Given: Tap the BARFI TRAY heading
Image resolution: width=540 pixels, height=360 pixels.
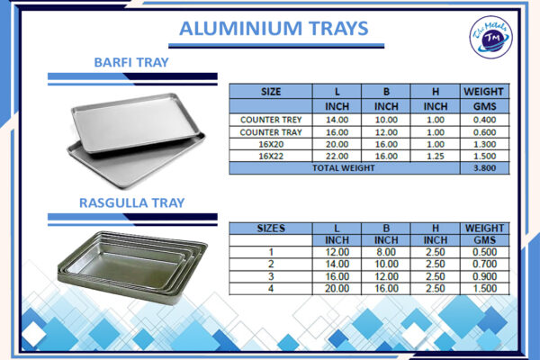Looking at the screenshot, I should tap(132, 62).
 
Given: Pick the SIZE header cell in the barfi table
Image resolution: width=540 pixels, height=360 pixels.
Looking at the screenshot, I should tap(270, 91).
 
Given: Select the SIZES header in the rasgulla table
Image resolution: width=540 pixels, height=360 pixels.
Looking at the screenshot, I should tap(270, 228).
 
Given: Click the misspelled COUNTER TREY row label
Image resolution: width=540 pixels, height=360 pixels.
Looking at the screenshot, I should tap(270, 119).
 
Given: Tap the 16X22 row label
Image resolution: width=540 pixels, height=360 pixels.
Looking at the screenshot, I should tap(270, 156).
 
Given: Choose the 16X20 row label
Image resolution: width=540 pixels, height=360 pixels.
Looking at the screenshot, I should tap(270, 143).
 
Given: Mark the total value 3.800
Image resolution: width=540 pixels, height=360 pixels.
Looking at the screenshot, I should tap(483, 167).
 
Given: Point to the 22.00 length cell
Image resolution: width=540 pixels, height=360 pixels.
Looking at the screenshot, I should tap(337, 156).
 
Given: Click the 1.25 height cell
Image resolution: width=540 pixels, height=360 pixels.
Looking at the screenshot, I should tap(435, 156).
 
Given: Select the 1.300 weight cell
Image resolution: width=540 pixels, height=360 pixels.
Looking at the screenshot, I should tap(483, 143).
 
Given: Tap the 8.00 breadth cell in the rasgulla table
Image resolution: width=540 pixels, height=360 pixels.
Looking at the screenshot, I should tap(386, 253).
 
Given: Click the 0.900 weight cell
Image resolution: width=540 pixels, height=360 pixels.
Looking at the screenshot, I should tap(483, 276).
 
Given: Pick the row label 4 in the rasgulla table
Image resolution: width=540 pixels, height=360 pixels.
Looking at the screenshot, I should tap(270, 288).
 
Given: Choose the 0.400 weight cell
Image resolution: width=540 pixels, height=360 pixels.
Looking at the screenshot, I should tap(483, 119).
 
